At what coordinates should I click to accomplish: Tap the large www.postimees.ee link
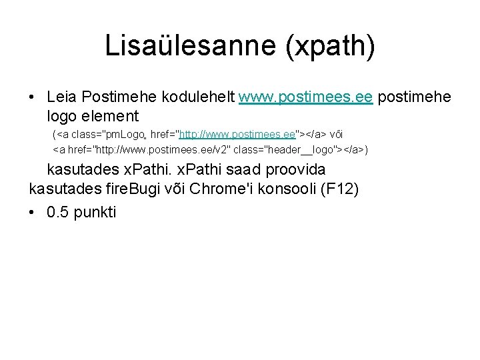(x=305, y=97)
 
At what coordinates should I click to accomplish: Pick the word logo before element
(x=62, y=117)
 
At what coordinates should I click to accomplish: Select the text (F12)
(x=339, y=189)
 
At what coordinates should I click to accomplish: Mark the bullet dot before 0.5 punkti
(x=33, y=213)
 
